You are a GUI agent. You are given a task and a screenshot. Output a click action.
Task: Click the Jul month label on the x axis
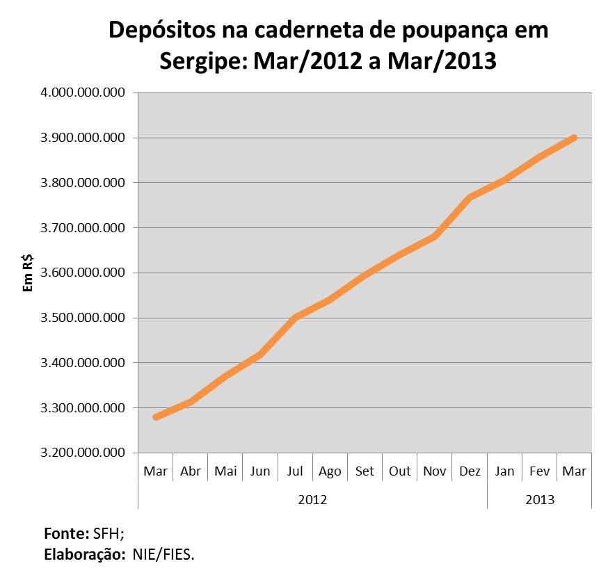point(295,471)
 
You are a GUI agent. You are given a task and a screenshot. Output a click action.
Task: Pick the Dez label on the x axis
point(470,471)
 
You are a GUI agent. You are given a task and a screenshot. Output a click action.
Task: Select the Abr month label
point(191,471)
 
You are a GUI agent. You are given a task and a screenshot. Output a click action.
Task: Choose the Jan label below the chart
point(504,471)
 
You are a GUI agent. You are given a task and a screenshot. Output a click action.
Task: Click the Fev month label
point(539,471)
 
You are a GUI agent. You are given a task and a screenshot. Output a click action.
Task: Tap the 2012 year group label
point(312,500)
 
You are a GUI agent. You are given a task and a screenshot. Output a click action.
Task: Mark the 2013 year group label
point(540,500)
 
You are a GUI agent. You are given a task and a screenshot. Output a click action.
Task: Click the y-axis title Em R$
point(28,273)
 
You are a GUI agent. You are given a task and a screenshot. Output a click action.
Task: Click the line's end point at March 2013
point(574,138)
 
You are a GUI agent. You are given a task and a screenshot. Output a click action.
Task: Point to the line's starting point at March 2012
point(156,417)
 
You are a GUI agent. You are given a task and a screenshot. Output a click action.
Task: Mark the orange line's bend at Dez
point(470,198)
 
